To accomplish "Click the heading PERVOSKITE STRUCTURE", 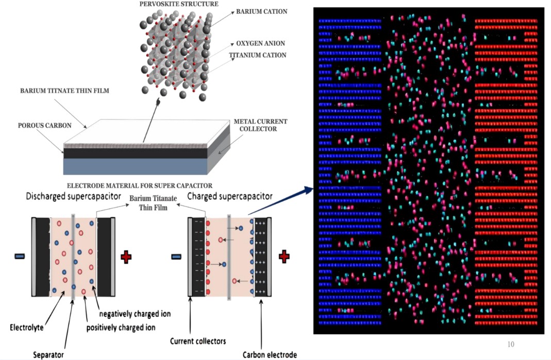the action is (179, 4).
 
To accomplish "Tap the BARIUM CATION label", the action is (261, 12).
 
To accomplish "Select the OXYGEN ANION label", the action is (260, 44).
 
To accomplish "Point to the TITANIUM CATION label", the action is (258, 55).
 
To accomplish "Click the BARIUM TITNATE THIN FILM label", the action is (64, 91).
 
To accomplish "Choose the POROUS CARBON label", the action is (45, 126).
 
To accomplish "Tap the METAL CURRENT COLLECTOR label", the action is (260, 125).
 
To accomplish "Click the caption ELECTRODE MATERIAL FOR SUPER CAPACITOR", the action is (140, 186).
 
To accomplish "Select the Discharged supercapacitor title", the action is (73, 196).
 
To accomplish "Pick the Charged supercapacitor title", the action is (230, 196).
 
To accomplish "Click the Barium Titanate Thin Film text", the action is (153, 203).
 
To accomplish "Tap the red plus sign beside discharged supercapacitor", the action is (126, 257).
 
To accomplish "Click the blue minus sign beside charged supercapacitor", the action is (176, 257).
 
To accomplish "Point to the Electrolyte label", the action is (27, 328).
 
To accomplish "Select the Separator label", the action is (48, 355).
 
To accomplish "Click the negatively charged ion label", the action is (135, 314).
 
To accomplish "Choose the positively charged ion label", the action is (121, 328).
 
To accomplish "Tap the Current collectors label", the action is (198, 341).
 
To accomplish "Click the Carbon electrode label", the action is (270, 355).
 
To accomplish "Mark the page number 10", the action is (511, 344).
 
